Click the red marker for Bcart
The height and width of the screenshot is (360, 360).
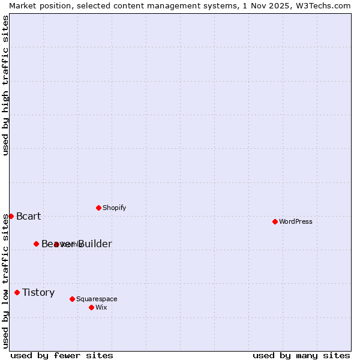[x=11, y=216]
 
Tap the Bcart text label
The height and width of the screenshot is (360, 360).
[x=28, y=217]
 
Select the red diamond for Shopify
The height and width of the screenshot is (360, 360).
[x=98, y=208]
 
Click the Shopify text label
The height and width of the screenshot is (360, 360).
[x=114, y=208]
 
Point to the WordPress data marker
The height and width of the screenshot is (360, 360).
[x=275, y=221]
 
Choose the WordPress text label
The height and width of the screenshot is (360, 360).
[x=295, y=222]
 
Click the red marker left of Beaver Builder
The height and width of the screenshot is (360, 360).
[x=36, y=244]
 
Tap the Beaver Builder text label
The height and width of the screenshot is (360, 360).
[x=76, y=244]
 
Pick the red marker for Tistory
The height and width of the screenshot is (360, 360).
[x=17, y=292]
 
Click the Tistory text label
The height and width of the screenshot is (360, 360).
[x=38, y=293]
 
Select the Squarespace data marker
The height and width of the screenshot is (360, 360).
[x=72, y=299]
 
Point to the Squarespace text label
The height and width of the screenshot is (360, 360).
[x=97, y=299]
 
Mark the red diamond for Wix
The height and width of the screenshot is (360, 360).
[x=91, y=307]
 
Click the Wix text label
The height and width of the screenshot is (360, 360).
[x=101, y=308]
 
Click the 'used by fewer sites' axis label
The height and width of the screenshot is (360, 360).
[x=62, y=355]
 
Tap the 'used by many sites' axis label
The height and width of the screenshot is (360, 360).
[x=301, y=355]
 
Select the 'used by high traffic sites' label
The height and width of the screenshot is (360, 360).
[x=5, y=85]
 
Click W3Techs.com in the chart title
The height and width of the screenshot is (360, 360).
[x=328, y=5]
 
